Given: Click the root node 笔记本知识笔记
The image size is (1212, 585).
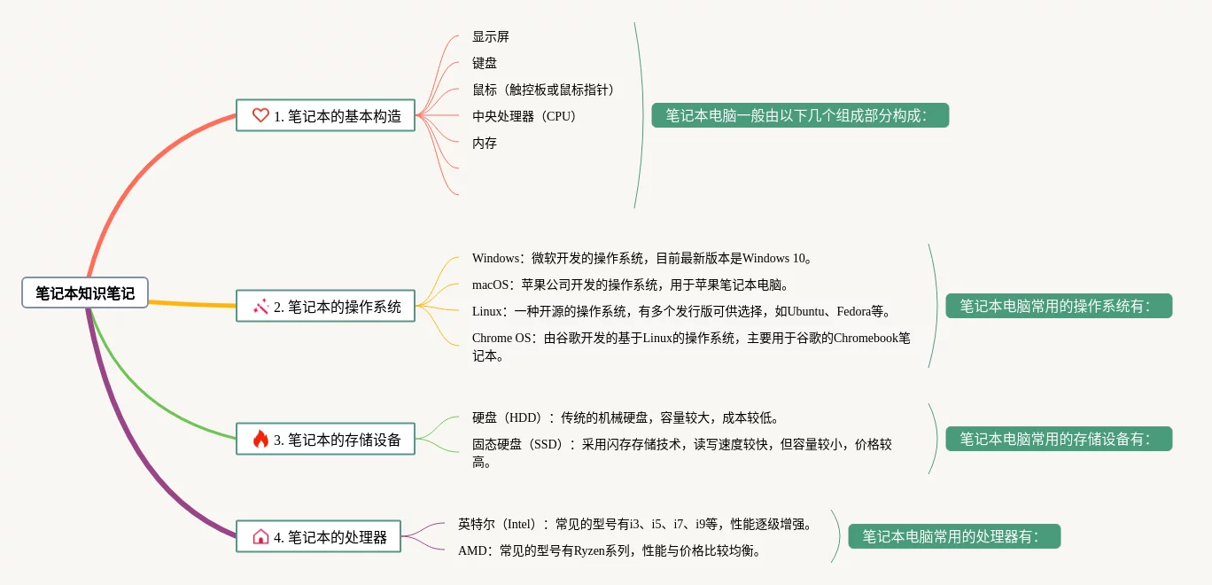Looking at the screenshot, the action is [x=85, y=292].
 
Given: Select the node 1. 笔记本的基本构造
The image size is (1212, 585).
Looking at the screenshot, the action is [x=325, y=115].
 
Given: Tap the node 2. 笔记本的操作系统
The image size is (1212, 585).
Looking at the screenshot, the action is [x=325, y=307].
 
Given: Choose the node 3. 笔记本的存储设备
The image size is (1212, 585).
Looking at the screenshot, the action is [x=325, y=439].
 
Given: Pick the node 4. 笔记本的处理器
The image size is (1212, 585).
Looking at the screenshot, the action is [x=318, y=536].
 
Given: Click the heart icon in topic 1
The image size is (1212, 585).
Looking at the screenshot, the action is [x=260, y=115].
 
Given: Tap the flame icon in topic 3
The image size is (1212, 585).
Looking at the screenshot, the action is [x=260, y=439].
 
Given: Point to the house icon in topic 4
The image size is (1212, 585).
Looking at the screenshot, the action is [x=260, y=536].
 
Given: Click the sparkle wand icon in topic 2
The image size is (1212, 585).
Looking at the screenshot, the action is [x=260, y=307].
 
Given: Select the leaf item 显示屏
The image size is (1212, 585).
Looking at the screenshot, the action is [x=491, y=37].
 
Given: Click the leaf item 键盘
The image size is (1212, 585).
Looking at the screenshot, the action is [x=485, y=64].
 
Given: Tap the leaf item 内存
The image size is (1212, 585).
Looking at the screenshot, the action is [x=485, y=144].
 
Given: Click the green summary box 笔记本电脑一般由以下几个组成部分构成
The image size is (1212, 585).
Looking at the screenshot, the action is [x=800, y=115].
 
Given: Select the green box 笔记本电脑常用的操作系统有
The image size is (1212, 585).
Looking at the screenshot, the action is [x=1059, y=306].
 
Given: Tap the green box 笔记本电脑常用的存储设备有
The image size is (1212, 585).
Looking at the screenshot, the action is [x=1059, y=439].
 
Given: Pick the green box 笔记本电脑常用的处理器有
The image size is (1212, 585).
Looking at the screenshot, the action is [x=954, y=536].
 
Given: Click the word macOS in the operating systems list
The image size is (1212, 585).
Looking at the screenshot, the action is [x=491, y=285].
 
